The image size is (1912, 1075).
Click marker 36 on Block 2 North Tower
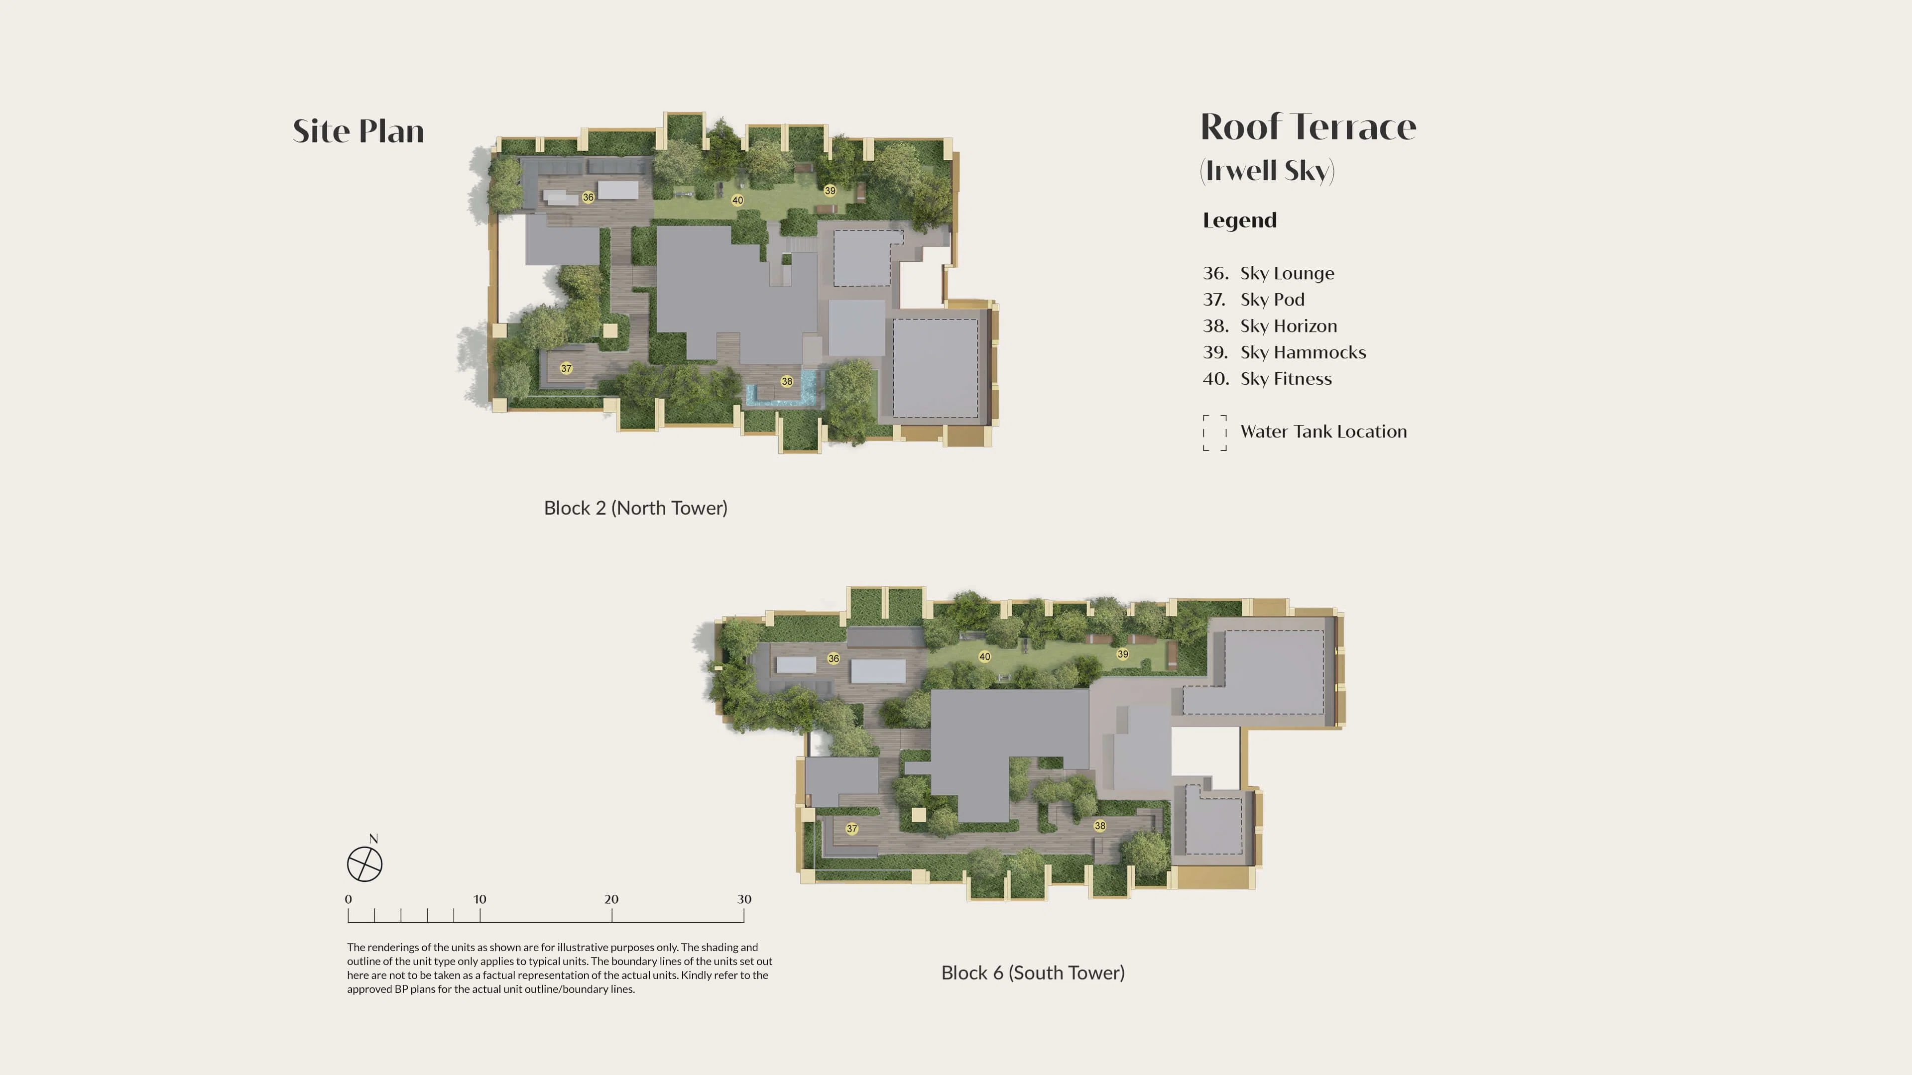pyautogui.click(x=588, y=198)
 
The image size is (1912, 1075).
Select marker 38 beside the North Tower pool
pyautogui.click(x=787, y=381)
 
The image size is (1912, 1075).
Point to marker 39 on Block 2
pyautogui.click(x=830, y=191)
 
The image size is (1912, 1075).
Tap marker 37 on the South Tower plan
pyautogui.click(x=852, y=829)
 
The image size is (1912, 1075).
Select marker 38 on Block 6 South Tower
pyautogui.click(x=1100, y=826)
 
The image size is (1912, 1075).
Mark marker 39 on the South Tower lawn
pyautogui.click(x=1123, y=654)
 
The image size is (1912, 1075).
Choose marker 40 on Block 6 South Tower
pyautogui.click(x=984, y=656)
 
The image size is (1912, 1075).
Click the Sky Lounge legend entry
pyautogui.click(x=1269, y=274)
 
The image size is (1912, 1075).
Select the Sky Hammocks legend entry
pyautogui.click(x=1285, y=352)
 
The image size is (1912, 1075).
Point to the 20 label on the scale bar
pyautogui.click(x=611, y=899)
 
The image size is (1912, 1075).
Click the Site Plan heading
pyautogui.click(x=358, y=131)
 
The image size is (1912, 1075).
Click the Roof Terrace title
pyautogui.click(x=1309, y=127)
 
